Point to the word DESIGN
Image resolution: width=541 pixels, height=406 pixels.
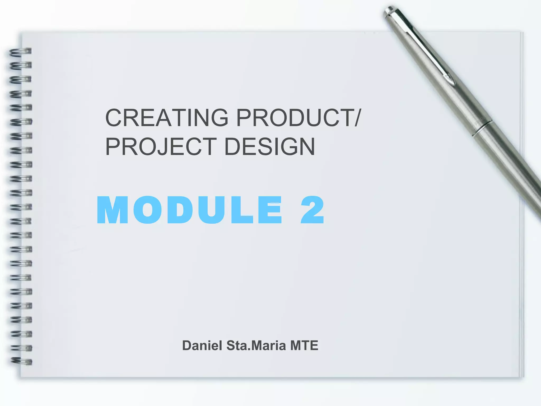pyautogui.click(x=269, y=146)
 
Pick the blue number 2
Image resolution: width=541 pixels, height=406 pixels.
pyautogui.click(x=312, y=210)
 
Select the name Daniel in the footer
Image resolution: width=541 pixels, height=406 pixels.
pyautogui.click(x=202, y=345)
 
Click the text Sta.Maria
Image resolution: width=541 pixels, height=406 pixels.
pyautogui.click(x=256, y=345)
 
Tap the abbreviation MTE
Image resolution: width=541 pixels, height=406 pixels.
pyautogui.click(x=304, y=345)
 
